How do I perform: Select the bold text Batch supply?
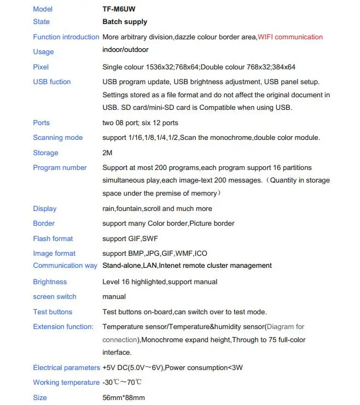[125, 22]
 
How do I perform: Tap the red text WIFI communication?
[290, 37]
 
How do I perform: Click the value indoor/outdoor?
[125, 50]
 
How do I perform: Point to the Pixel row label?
[40, 67]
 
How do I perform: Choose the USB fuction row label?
[52, 81]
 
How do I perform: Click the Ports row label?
[41, 123]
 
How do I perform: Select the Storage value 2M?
[107, 152]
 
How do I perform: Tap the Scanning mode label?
[58, 138]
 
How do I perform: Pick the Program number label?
[60, 168]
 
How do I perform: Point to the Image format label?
[54, 254]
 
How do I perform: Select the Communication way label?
[65, 266]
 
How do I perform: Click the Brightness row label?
[50, 282]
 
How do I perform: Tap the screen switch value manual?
[114, 297]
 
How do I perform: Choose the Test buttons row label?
[53, 312]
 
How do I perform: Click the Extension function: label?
[63, 327]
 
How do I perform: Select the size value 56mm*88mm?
[124, 398]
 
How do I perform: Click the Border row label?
[44, 224]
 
